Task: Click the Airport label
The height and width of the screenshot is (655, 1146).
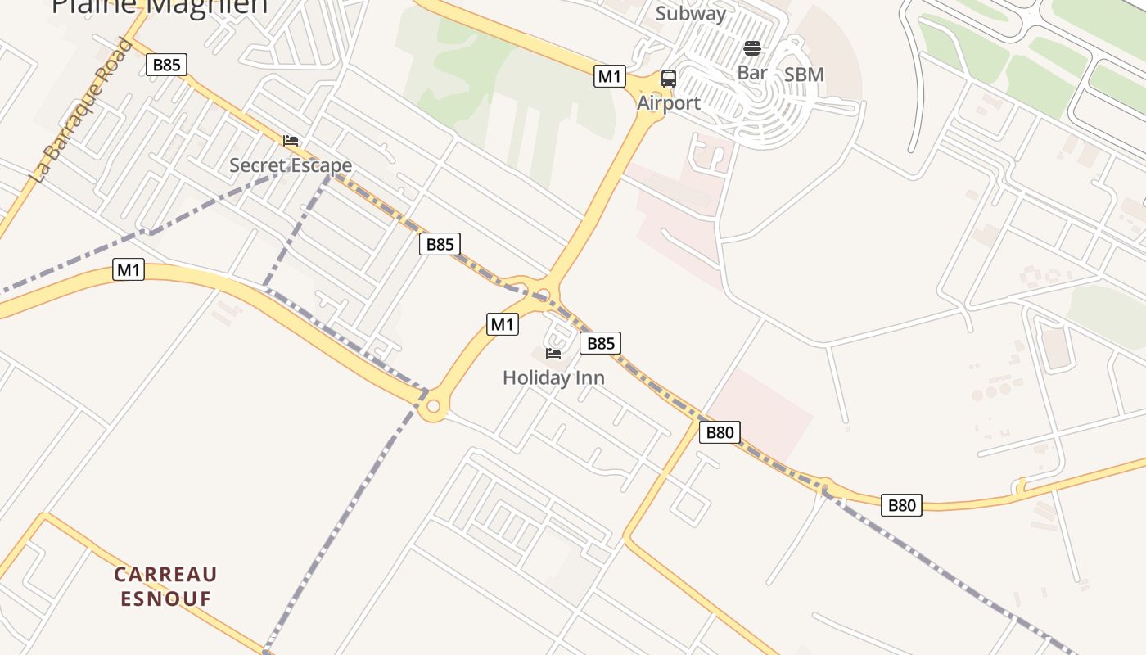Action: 669,103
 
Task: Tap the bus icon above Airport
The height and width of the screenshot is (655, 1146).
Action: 669,79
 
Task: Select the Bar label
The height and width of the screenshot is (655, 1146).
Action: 752,73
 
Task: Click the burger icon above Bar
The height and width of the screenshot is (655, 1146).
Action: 752,48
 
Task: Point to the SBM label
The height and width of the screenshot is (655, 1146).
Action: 804,75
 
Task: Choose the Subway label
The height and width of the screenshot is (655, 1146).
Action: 691,13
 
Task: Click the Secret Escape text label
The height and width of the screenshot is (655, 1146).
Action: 291,165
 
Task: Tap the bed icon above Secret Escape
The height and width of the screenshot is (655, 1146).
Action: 291,141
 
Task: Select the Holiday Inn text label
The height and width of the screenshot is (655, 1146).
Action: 553,378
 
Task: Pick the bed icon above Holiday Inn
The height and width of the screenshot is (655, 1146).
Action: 553,354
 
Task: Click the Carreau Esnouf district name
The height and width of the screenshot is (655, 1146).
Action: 166,586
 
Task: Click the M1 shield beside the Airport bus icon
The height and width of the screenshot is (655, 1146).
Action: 610,77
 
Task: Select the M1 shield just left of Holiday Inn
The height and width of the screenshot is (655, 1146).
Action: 503,324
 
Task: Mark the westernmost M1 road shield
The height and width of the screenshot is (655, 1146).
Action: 128,269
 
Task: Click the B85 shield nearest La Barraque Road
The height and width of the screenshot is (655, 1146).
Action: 166,65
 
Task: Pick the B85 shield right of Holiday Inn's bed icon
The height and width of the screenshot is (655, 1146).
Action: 600,343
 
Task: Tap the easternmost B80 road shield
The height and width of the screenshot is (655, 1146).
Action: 901,505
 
